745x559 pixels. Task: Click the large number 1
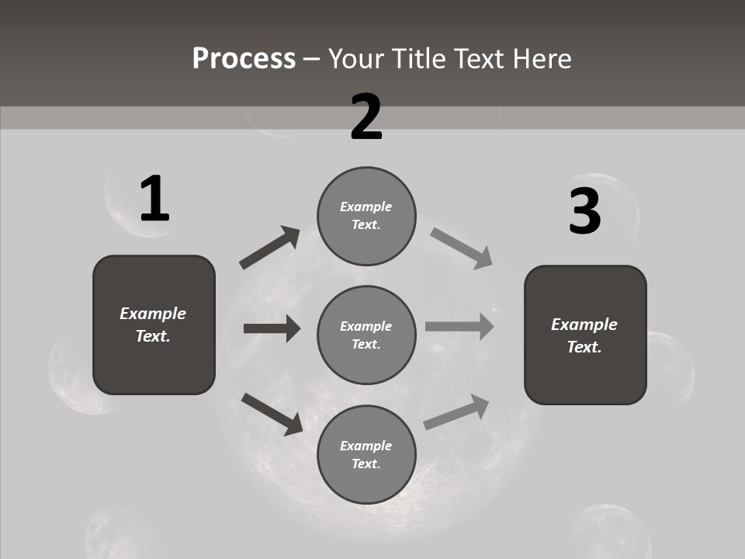click(x=154, y=200)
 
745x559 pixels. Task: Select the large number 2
click(x=366, y=117)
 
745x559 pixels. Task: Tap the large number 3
click(x=584, y=212)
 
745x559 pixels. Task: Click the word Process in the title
click(x=244, y=58)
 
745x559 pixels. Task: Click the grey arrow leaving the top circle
click(x=462, y=248)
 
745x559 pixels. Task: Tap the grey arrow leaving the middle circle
click(x=459, y=326)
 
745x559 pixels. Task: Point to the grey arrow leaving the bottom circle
click(x=456, y=411)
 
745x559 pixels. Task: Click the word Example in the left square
click(x=153, y=314)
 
